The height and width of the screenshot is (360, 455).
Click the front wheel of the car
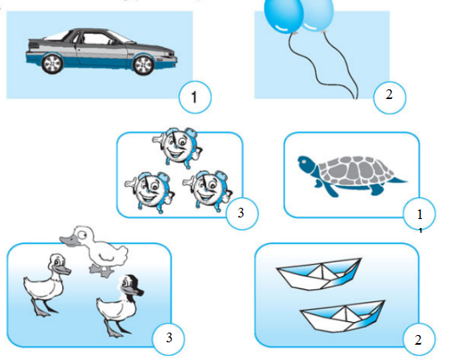pos(143,64)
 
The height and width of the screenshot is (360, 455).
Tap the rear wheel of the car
pos(52,64)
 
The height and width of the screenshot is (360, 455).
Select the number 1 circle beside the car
pos(195,97)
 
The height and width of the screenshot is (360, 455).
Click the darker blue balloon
pos(283,14)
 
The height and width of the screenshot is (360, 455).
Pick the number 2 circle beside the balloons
pos(389,97)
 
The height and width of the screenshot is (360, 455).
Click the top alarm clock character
pos(177,147)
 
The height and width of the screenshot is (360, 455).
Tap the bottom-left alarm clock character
pos(150,192)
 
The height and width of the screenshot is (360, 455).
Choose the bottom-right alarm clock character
pos(208,191)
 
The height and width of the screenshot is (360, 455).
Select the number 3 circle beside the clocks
pos(242,213)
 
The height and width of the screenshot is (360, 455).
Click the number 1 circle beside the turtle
pos(419,213)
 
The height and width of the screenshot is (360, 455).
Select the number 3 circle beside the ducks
pos(168,338)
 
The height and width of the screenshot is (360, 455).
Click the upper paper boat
pos(319,274)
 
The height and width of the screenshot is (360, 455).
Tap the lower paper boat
pos(343,316)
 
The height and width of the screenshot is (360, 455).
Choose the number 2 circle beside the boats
pos(419,339)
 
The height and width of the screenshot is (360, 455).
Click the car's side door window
pos(96,39)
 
